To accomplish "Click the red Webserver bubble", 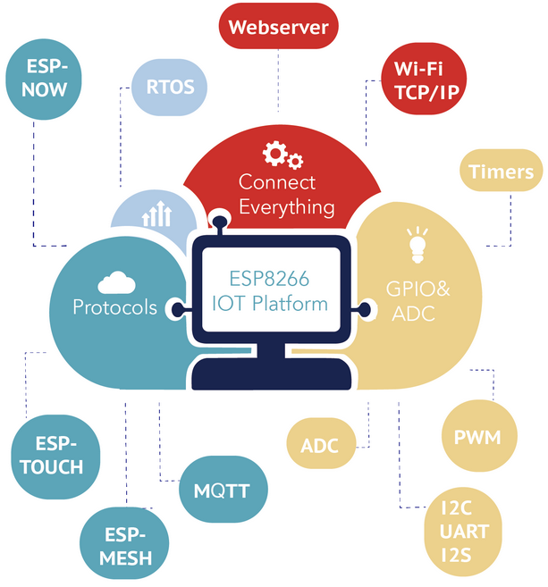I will (x=278, y=27).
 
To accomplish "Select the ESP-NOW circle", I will (x=41, y=78).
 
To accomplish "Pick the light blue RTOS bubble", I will (x=170, y=87).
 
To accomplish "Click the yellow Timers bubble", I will (x=501, y=172).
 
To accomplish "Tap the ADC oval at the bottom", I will (x=320, y=444).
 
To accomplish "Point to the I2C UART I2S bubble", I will (x=465, y=532).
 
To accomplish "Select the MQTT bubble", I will (x=221, y=490).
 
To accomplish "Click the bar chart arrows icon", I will (x=157, y=214).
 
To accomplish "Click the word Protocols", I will (x=114, y=307).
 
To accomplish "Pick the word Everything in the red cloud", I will (x=286, y=207).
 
